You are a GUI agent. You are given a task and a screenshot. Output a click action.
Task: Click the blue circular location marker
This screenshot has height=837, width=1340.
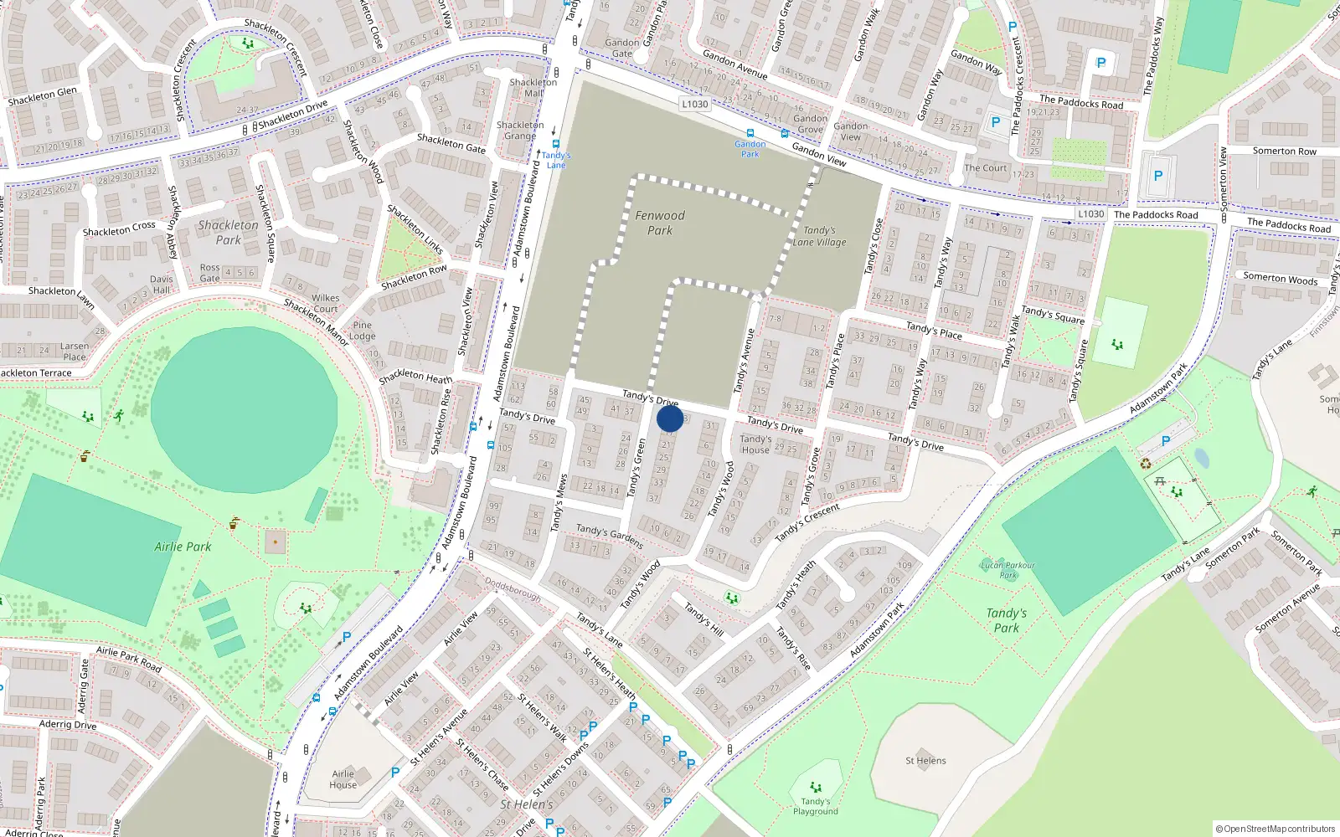(670, 418)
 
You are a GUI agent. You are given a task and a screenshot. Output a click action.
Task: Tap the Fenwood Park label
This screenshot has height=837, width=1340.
(660, 223)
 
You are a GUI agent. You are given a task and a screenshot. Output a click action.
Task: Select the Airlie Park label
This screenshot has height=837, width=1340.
(183, 547)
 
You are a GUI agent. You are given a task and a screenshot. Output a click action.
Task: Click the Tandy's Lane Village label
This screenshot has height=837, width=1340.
(820, 236)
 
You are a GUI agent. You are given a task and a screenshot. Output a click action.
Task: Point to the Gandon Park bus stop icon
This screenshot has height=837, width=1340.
(750, 133)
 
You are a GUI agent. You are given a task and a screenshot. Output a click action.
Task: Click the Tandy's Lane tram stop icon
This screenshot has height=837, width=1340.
(555, 144)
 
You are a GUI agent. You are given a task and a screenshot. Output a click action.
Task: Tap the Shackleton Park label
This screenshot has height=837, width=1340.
(228, 233)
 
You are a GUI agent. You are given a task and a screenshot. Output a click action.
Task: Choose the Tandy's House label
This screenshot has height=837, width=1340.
(755, 444)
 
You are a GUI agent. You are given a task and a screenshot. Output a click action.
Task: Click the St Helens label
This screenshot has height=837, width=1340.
(925, 761)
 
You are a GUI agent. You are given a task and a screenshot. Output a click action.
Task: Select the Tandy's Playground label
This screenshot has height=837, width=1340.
(815, 806)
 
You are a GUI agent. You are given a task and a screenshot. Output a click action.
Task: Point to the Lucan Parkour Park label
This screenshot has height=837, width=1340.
(1008, 570)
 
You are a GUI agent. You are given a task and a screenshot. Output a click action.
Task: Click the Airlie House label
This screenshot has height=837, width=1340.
(343, 779)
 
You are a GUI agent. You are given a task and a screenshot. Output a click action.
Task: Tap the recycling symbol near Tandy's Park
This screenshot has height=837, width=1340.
(1146, 464)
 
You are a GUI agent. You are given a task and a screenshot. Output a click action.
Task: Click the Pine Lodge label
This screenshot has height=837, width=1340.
(363, 331)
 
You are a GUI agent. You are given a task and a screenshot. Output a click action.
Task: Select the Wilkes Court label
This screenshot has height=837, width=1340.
(326, 303)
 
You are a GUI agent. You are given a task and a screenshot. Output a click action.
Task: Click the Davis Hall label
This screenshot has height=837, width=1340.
(162, 285)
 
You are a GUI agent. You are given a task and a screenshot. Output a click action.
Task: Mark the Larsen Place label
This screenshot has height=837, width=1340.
(75, 352)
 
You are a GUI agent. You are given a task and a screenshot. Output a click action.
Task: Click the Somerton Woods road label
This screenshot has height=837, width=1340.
(1281, 279)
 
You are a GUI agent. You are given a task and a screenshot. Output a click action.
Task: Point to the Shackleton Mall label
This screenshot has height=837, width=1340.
(533, 88)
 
